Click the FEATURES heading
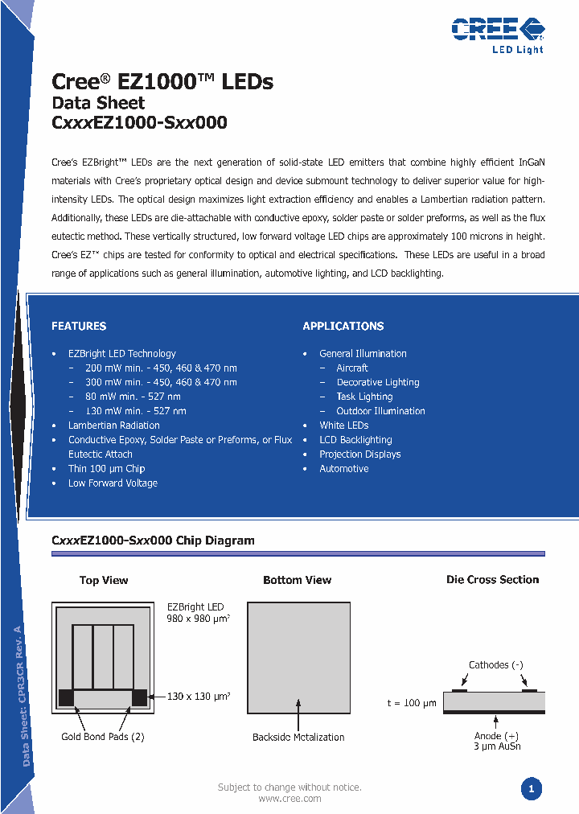pos(79,326)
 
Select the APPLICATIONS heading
pos(343,326)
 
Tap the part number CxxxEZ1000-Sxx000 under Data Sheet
pos(139,123)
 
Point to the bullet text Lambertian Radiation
pos(113,425)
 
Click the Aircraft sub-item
pos(352,368)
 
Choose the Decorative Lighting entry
pos(378,382)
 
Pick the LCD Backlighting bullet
pos(355,440)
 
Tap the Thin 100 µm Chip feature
pos(106,469)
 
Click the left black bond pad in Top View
pos(66,697)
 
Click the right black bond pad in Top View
pos(139,697)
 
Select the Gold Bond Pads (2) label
pos(102,737)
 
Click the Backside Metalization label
pos(298,737)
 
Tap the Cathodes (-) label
pos(496,665)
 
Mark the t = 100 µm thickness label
pos(412,703)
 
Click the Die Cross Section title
pos(492,579)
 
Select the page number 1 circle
pos(531,789)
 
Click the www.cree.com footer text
pos(289,799)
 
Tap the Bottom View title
pos(298,580)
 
